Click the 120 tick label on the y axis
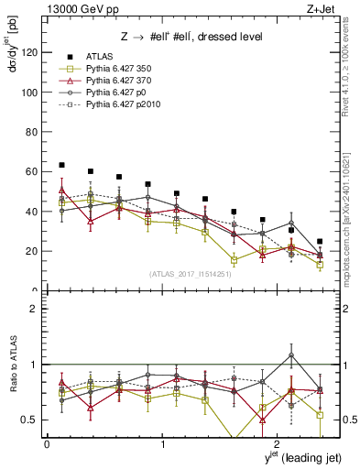coord(28,52)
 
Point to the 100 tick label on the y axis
coord(28,93)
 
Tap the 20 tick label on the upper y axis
coord(31,251)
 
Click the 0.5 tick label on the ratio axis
coord(29,420)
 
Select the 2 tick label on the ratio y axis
coord(35,309)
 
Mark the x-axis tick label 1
coord(162,443)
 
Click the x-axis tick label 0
coord(47,443)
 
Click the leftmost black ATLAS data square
coord(61,165)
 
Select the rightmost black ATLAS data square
coord(320,242)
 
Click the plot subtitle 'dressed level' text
coord(229,37)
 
